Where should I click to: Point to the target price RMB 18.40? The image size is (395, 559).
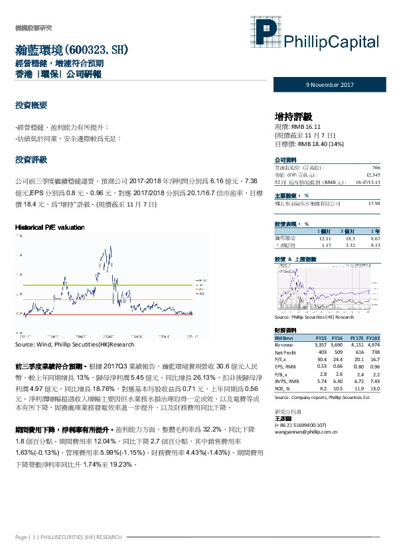coord(307,143)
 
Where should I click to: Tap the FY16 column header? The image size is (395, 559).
coord(337,339)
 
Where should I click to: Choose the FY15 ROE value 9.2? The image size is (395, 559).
coord(323,389)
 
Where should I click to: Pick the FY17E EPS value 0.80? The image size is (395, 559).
coord(358,366)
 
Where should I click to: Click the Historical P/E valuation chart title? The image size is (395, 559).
coord(49,227)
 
